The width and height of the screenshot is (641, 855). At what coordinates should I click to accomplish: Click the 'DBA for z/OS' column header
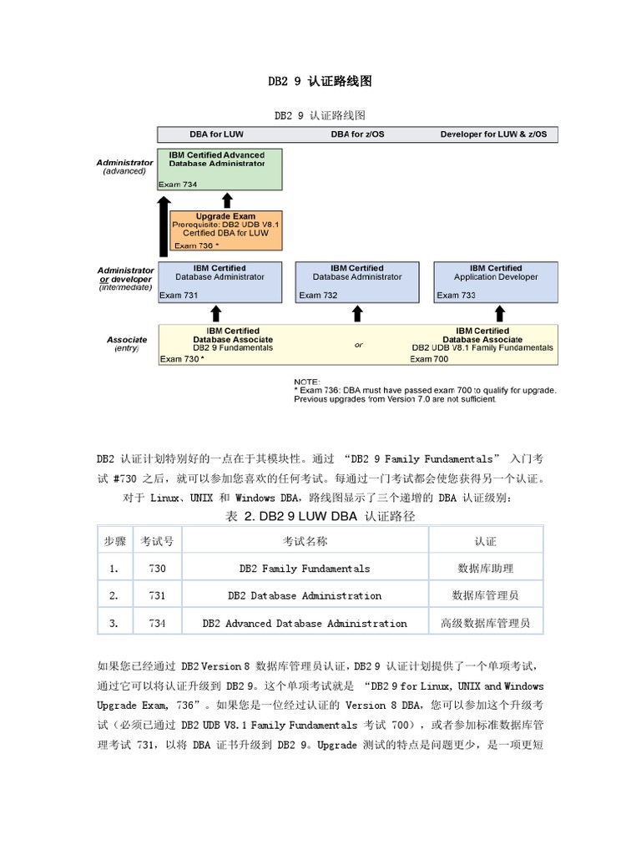356,134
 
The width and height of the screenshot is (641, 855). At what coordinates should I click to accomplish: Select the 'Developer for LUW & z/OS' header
493,134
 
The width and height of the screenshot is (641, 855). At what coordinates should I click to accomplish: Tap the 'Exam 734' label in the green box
179,184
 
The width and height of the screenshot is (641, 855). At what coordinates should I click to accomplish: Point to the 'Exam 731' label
179,295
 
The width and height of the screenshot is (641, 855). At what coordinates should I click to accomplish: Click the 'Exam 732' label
318,295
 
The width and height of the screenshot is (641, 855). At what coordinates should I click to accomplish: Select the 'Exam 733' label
456,295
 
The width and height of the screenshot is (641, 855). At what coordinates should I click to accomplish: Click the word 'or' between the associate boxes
358,345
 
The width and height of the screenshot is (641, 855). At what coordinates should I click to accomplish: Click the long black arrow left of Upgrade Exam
164,225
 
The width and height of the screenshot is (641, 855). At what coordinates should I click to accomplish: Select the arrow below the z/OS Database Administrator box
357,313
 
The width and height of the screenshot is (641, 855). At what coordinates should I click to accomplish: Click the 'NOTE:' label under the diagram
307,382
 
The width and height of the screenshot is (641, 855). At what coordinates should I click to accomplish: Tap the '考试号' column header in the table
157,541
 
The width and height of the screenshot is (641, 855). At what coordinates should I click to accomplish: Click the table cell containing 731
157,595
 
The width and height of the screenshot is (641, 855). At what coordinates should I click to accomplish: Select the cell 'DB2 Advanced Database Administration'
305,623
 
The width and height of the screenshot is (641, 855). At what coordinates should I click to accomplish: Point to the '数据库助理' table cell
485,569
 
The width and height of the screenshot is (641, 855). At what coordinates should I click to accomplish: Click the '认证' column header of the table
485,541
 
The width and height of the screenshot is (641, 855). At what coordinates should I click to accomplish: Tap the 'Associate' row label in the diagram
127,340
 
